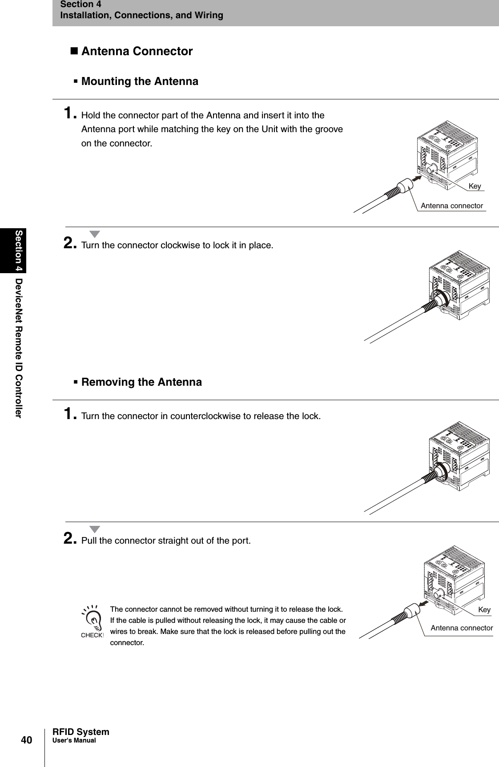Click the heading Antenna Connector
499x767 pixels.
(x=137, y=51)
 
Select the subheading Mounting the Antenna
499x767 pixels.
(x=140, y=81)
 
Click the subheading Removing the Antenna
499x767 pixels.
(x=141, y=382)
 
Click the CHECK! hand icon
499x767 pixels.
(x=92, y=622)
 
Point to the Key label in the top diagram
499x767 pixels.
(x=475, y=186)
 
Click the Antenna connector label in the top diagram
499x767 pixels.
(x=451, y=206)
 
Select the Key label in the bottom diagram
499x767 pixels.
(x=484, y=610)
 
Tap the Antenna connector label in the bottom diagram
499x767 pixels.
(x=462, y=628)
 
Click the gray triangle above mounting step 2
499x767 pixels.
(x=95, y=234)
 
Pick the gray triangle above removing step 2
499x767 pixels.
(x=95, y=529)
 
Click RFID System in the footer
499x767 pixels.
(x=80, y=732)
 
